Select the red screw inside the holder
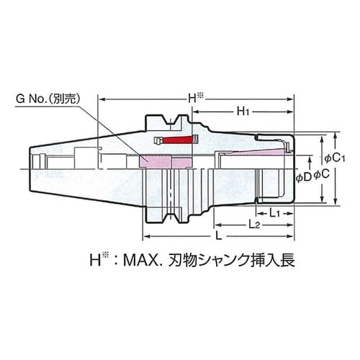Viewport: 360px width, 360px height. [178, 139]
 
